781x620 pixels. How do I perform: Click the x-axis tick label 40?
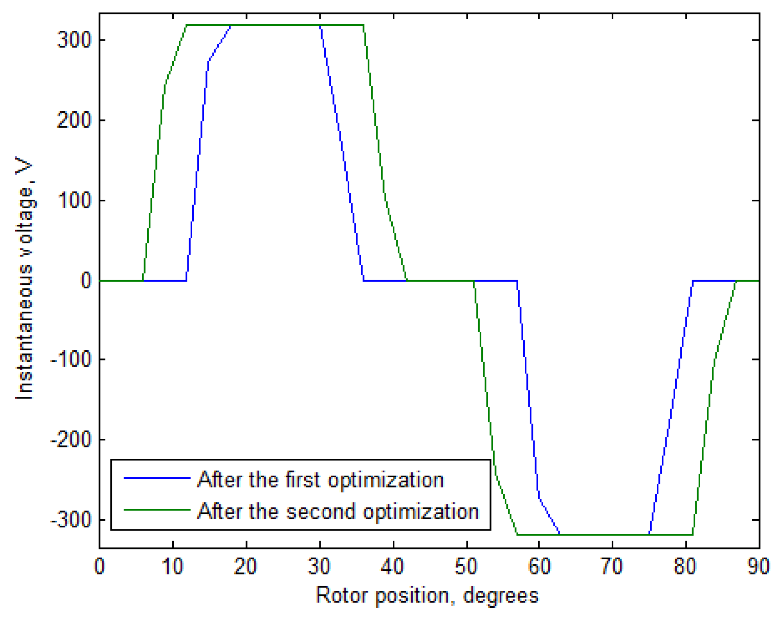pos(393,567)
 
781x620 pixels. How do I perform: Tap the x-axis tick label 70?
pos(612,567)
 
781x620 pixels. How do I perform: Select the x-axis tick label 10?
pos(172,567)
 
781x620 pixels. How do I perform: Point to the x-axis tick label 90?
pos(758,567)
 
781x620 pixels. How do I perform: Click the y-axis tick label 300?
pos(74,40)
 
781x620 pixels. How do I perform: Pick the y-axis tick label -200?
pos(71,440)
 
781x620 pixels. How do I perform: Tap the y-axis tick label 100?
pos(74,201)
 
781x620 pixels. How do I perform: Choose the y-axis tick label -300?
pos(71,520)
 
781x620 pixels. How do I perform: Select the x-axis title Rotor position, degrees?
pos(427,595)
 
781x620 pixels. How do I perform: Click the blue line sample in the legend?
pos(157,478)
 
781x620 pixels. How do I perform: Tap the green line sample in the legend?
pos(157,510)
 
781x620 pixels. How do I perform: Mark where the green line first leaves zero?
pos(143,280)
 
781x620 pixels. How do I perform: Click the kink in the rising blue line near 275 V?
pos(209,61)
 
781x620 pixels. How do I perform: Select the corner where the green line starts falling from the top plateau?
pos(364,25)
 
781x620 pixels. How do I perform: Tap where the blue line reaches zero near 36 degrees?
pos(363,280)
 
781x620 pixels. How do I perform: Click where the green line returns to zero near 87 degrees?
pos(736,281)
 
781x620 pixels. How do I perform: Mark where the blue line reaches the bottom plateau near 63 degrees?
pos(560,534)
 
